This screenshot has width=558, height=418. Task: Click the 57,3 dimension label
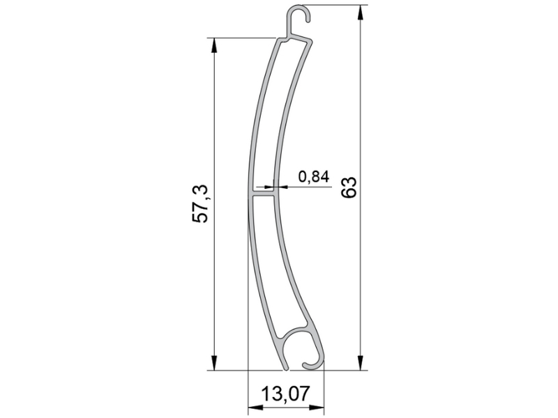tap(200, 203)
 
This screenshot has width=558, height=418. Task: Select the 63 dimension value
tap(348, 187)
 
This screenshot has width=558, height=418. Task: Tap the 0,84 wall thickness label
tap(314, 176)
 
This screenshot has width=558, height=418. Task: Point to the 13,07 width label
tap(286, 394)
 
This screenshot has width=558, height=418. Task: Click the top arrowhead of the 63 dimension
tap(361, 13)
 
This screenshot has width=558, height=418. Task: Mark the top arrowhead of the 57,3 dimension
tap(214, 46)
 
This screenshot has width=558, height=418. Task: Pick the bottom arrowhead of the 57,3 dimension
tap(214, 362)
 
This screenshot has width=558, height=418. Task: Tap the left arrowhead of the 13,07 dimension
tap(256, 408)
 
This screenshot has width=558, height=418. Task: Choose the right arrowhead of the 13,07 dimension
tap(316, 408)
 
